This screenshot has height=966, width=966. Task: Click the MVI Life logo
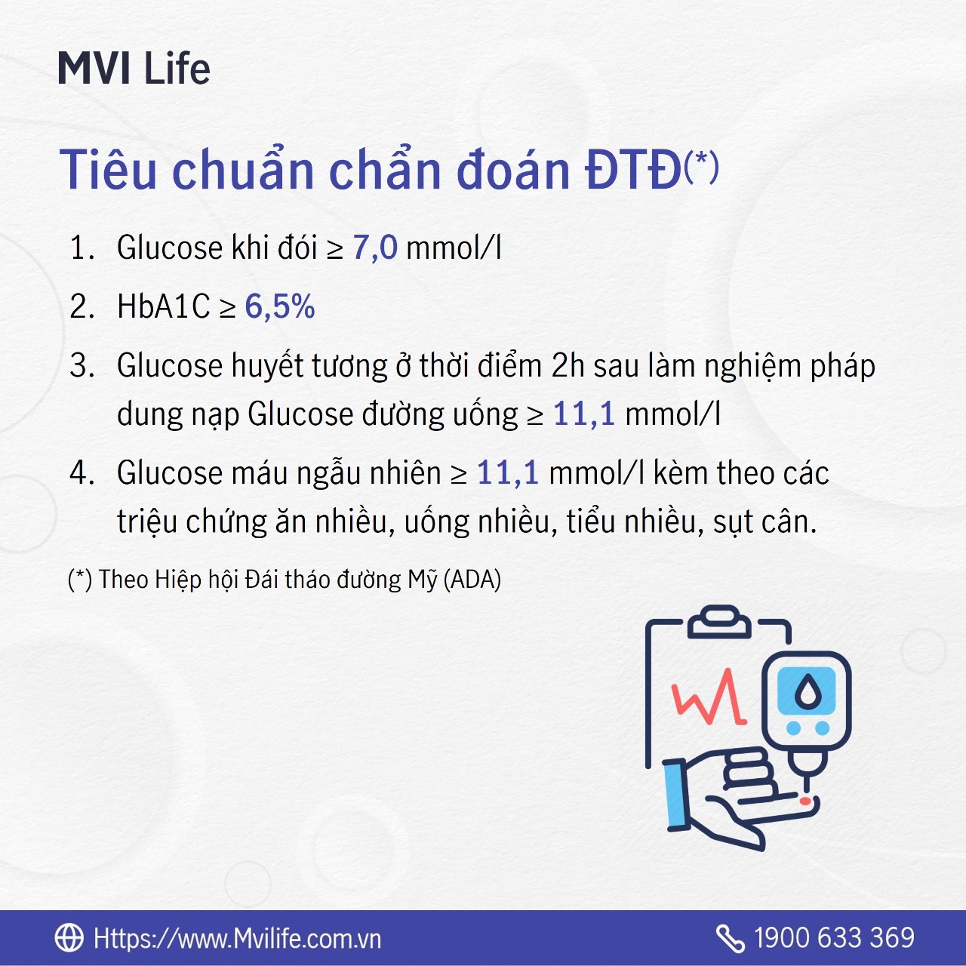[134, 68]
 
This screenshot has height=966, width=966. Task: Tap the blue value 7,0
[375, 248]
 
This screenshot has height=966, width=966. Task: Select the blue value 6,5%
[280, 306]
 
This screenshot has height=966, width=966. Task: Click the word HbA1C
[164, 306]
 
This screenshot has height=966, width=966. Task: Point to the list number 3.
[82, 365]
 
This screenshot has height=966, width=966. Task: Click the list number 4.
[82, 472]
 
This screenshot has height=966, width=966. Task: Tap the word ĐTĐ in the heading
[633, 171]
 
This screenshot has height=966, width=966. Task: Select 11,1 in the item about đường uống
[584, 414]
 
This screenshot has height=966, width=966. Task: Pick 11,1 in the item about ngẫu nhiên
[507, 472]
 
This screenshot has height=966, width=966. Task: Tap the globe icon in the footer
[69, 937]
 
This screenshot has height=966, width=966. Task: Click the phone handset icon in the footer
[730, 938]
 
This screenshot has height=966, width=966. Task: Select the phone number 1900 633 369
[834, 937]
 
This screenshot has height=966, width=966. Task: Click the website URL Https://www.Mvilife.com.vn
[238, 938]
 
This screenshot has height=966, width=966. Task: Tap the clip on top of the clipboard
[719, 622]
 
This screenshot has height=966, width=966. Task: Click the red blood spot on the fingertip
[805, 801]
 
